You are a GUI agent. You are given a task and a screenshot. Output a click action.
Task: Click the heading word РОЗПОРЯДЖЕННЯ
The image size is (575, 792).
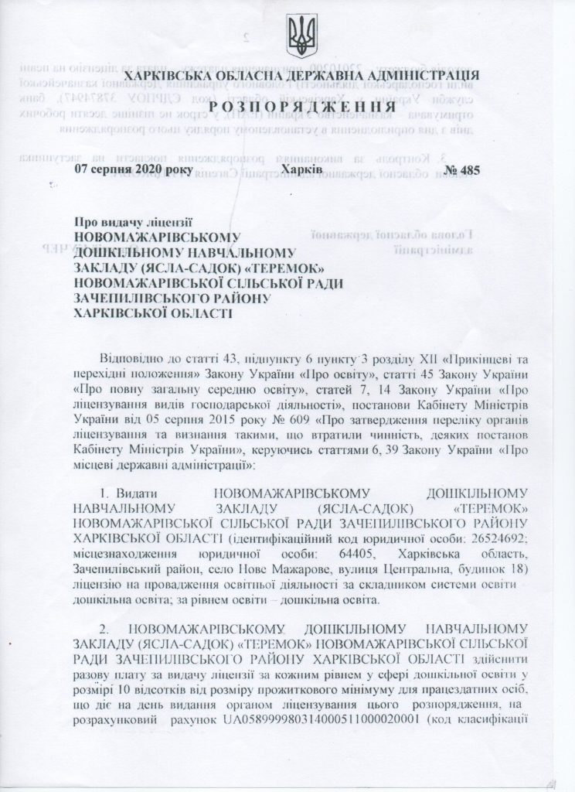[287, 106]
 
